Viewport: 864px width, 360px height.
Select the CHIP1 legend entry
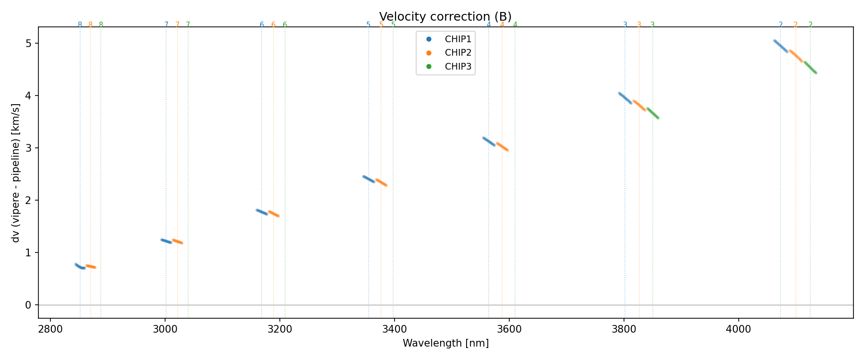[458, 39]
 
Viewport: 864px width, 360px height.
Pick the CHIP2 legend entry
[458, 53]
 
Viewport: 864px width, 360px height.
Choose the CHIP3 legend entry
[458, 67]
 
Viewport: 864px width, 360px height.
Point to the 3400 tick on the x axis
[394, 329]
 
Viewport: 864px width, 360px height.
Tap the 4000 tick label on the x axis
[738, 329]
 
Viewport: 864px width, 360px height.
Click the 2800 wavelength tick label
[50, 329]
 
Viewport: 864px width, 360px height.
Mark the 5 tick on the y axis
[28, 43]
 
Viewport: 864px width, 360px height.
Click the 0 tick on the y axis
[28, 305]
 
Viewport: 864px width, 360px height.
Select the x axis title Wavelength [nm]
[445, 343]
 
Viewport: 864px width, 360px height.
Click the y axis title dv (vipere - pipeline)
[16, 173]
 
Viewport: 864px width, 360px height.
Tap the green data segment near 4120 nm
[810, 67]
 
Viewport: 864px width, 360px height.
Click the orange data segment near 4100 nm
[796, 56]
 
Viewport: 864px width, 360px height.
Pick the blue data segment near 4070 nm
[781, 46]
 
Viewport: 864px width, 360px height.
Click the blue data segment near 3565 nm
[489, 141]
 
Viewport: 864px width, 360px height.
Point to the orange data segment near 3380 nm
[381, 182]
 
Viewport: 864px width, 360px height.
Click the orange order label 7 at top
[177, 25]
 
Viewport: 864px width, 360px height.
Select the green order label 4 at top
[515, 25]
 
